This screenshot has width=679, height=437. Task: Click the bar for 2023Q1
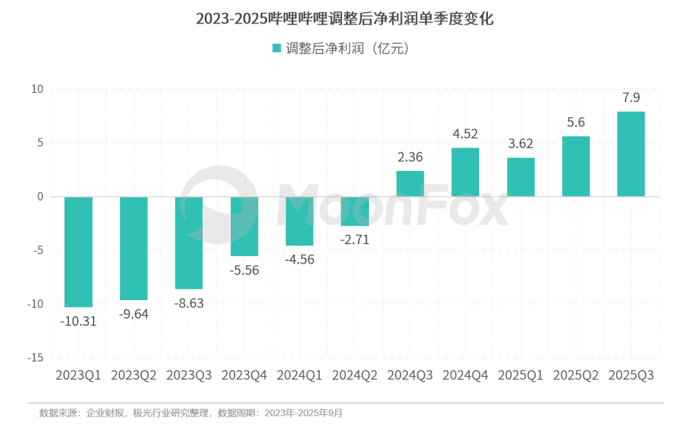click(79, 252)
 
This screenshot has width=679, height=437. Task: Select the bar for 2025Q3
click(631, 154)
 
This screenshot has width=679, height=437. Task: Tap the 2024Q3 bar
click(410, 183)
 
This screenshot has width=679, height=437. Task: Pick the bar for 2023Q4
click(245, 226)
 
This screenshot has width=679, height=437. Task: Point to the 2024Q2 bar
click(355, 211)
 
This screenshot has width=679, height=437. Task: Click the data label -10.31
click(79, 321)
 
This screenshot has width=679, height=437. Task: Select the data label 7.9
click(631, 98)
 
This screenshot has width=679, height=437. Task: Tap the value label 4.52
click(465, 134)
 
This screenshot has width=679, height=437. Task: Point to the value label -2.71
click(355, 239)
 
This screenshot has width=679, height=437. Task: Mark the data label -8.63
click(189, 303)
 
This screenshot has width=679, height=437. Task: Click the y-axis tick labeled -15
click(36, 357)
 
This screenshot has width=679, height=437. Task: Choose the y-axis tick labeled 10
click(37, 89)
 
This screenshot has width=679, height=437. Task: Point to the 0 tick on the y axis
click(40, 197)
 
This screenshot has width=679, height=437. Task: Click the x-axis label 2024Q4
click(465, 375)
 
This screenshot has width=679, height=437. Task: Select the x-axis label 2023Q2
click(134, 375)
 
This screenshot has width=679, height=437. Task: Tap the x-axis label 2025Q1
click(521, 375)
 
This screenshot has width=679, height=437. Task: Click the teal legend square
click(276, 48)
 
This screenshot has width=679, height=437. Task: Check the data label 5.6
click(576, 122)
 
